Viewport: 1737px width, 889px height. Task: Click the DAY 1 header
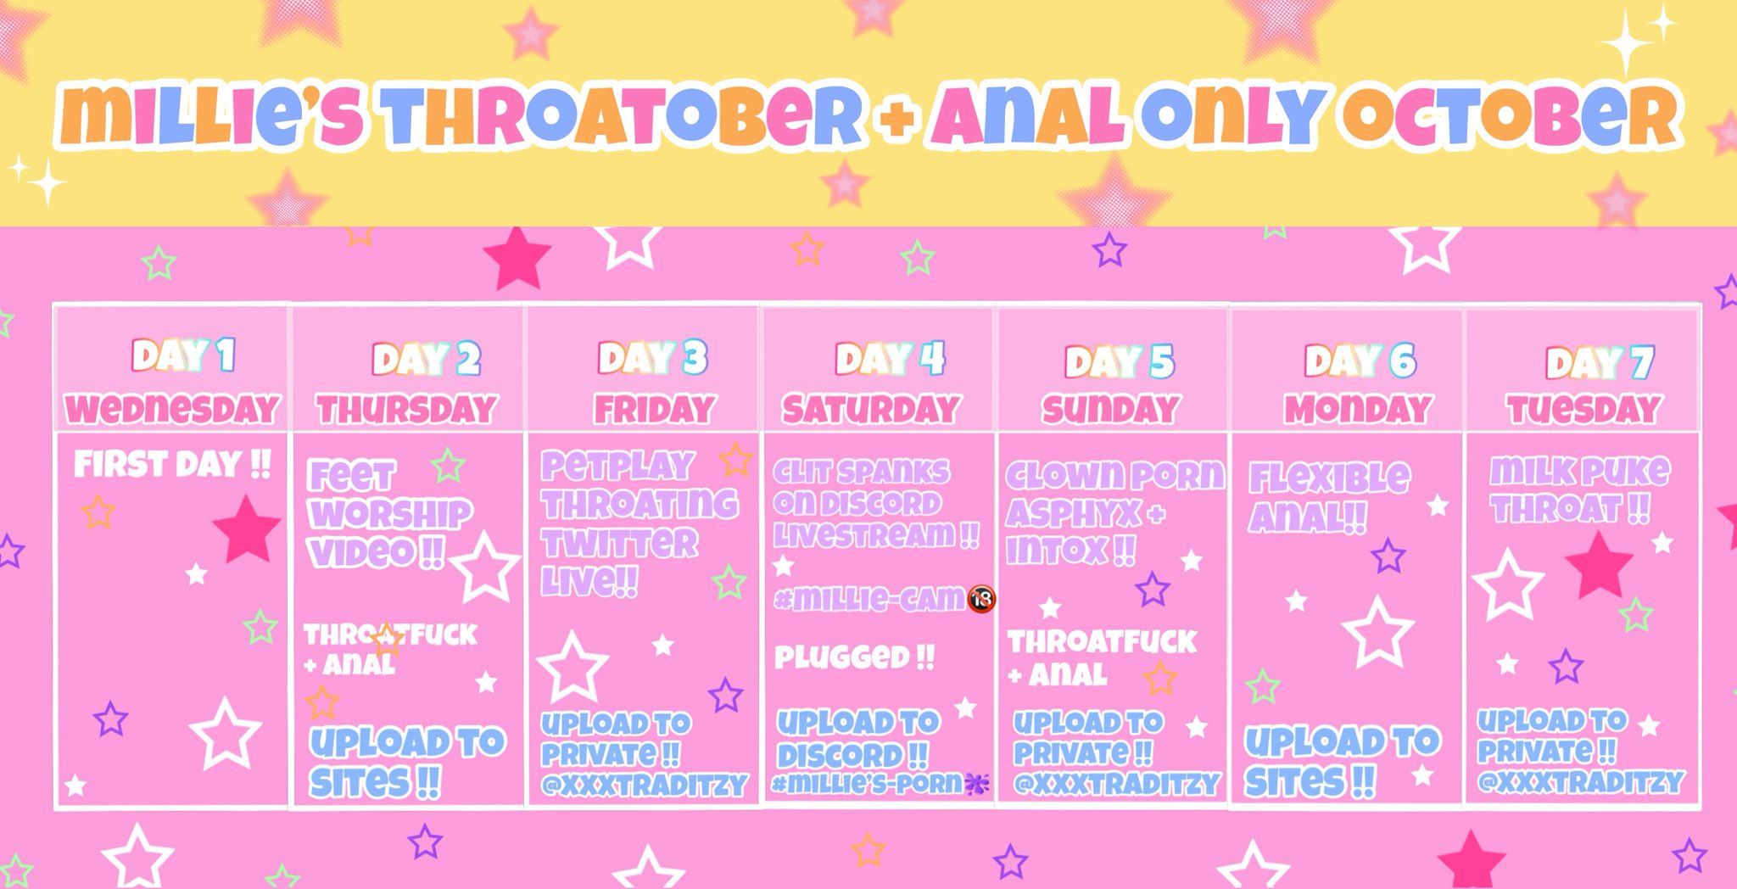coord(183,355)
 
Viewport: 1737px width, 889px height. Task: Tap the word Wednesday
coord(172,409)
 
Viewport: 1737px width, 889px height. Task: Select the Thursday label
coord(406,410)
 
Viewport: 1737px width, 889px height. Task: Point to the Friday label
coord(654,410)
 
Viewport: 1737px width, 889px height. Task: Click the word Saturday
coord(871,410)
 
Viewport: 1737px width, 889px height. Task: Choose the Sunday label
coord(1111,410)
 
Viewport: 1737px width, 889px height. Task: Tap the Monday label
coord(1358,410)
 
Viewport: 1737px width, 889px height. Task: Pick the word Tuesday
coord(1583,410)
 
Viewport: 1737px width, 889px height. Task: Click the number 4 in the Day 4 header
coord(932,358)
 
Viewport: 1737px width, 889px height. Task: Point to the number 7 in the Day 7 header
coord(1642,363)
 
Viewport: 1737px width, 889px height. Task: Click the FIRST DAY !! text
coord(172,464)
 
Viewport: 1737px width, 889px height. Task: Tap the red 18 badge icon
coord(981,599)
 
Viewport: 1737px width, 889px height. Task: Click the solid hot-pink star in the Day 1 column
coord(247,528)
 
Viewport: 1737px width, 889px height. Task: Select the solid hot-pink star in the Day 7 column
coord(1599,565)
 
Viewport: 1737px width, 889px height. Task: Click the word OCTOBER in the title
coord(1511,116)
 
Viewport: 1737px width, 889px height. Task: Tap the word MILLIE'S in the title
coord(212,116)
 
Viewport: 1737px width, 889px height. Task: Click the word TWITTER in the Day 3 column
coord(620,543)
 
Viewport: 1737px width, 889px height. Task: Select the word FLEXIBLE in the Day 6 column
coord(1330,478)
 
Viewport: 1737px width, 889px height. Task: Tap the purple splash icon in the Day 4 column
coord(977,785)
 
